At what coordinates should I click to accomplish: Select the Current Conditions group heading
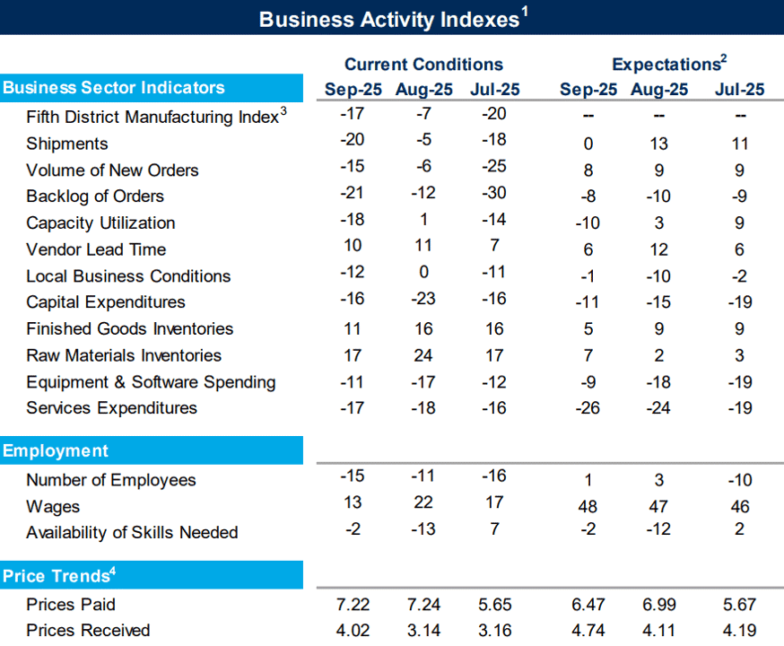[423, 65]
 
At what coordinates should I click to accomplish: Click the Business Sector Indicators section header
[114, 88]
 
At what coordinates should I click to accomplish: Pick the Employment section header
[55, 451]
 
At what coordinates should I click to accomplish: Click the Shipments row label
[67, 144]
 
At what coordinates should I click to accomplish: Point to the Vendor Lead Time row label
[96, 249]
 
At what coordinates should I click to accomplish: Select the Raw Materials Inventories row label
[124, 355]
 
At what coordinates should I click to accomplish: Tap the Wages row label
[53, 507]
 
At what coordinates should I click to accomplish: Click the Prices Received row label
[88, 631]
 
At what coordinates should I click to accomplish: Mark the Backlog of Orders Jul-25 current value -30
[494, 193]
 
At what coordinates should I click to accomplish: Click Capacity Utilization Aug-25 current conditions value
[423, 220]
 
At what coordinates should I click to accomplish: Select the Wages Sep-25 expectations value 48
[588, 507]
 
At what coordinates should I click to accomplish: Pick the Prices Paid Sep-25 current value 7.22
[353, 605]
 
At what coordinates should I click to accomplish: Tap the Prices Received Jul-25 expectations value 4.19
[739, 631]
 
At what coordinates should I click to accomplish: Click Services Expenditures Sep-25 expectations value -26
[588, 408]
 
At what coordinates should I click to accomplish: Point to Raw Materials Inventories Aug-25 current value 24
[423, 355]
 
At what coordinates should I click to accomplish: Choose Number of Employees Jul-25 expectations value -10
[739, 480]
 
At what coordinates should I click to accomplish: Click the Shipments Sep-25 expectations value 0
[588, 144]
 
